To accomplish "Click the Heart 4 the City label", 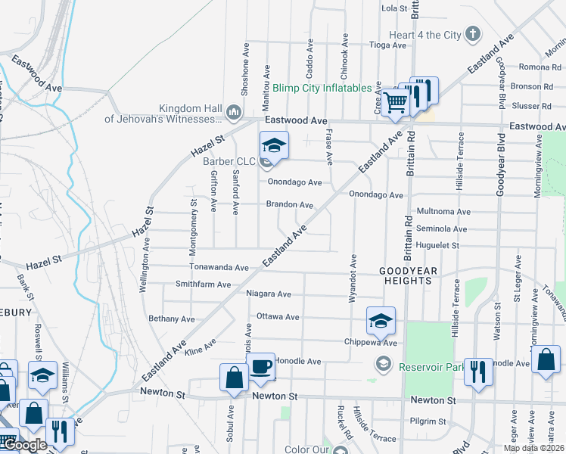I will (425, 35).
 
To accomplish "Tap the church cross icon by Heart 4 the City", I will (473, 34).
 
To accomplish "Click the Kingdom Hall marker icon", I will (233, 113).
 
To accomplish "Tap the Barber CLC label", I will (229, 160).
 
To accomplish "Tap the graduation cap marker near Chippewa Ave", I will (381, 320).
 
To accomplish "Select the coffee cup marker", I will (261, 367).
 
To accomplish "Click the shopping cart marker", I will (394, 102).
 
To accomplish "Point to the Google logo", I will (24, 445).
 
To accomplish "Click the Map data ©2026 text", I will (533, 448).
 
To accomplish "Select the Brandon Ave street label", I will (289, 204).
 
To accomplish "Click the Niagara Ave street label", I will (269, 294).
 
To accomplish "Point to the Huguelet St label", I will (437, 246).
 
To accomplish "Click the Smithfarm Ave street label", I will (203, 285).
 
